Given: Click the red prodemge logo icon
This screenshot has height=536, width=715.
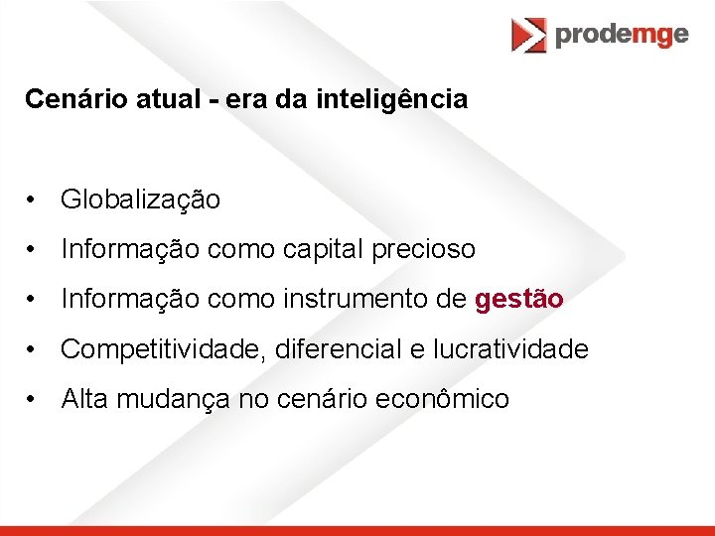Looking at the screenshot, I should (x=528, y=35).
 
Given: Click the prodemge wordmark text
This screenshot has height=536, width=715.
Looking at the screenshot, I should (x=622, y=35).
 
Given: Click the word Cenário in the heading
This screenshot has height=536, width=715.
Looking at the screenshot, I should (x=65, y=99).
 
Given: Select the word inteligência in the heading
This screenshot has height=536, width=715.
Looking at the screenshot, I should (x=404, y=99).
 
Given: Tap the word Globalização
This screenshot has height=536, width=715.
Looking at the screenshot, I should (x=140, y=200).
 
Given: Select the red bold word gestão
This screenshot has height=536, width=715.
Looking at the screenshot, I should (x=519, y=299).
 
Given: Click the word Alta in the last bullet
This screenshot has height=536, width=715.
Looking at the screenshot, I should (x=85, y=399).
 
